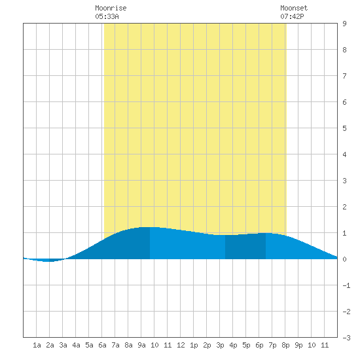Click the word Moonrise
click(x=111, y=9)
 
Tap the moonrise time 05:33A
click(x=107, y=16)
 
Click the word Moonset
click(x=294, y=9)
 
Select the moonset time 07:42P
click(x=292, y=16)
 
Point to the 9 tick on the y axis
click(x=344, y=24)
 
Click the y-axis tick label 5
click(x=344, y=128)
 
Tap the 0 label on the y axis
click(x=344, y=259)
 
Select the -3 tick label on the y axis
click(x=346, y=338)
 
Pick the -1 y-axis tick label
click(x=346, y=285)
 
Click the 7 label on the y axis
click(x=344, y=76)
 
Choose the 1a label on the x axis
click(x=37, y=345)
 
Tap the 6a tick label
click(x=102, y=345)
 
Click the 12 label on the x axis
click(x=181, y=345)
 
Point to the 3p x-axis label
click(x=220, y=345)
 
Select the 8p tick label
click(x=285, y=345)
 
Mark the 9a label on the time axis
click(x=141, y=345)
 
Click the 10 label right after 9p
click(x=312, y=345)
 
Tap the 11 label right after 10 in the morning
click(x=168, y=345)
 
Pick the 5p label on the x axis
click(x=246, y=345)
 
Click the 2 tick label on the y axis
click(x=344, y=207)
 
